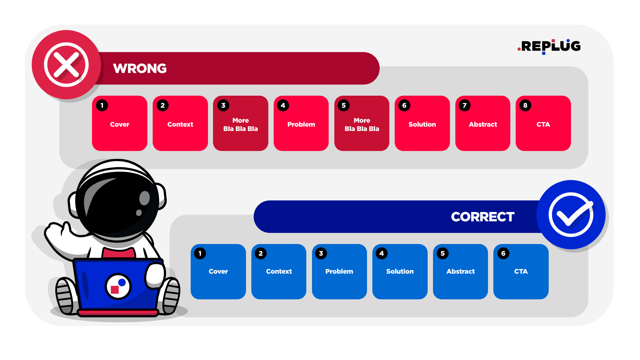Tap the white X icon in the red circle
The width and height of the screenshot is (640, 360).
[66, 65]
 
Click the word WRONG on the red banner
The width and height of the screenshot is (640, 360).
[140, 68]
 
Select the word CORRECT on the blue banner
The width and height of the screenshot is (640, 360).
[482, 217]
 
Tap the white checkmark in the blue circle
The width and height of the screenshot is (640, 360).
[571, 215]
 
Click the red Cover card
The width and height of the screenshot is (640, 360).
[119, 124]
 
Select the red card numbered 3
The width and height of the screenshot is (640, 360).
[240, 124]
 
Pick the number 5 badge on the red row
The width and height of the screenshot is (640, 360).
[344, 105]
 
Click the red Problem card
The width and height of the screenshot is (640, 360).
[301, 124]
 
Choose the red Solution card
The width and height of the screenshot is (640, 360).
[422, 124]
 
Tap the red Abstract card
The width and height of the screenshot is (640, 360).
[483, 124]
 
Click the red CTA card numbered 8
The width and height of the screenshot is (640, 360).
[543, 124]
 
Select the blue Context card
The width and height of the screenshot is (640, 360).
[279, 271]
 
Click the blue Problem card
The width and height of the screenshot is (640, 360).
[339, 271]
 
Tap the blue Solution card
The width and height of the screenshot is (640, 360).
[400, 271]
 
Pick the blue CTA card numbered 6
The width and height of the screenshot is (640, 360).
[521, 271]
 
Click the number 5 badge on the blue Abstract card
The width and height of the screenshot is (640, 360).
[443, 253]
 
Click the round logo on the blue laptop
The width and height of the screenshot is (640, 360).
[118, 286]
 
